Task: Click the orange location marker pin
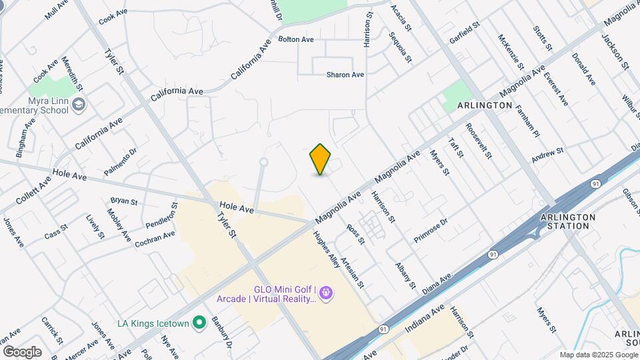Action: tap(321, 159)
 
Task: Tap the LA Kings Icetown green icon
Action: tap(199, 323)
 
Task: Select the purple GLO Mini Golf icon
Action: tap(326, 293)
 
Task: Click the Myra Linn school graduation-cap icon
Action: tap(79, 105)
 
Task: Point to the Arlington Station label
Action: tap(565, 221)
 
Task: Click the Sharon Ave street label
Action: tap(345, 75)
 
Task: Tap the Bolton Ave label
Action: tap(296, 39)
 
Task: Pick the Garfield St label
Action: tap(465, 34)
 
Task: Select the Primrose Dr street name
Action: tap(430, 231)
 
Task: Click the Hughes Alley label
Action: tap(327, 250)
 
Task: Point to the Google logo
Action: tap(21, 351)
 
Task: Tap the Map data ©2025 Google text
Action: tap(598, 355)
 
